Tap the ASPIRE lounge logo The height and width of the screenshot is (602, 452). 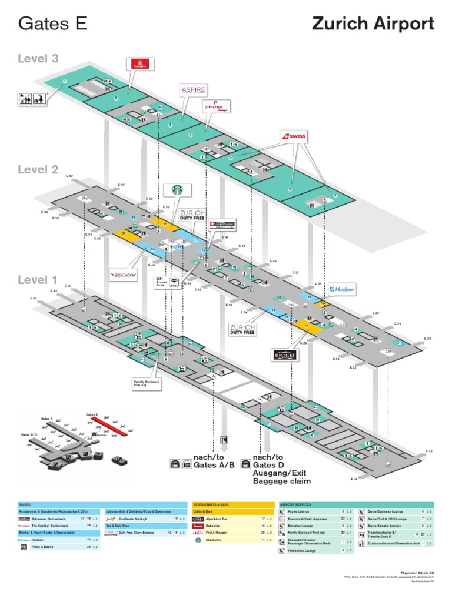[x=194, y=90]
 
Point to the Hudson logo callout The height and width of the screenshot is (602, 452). [x=342, y=289]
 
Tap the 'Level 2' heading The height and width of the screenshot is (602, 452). [x=38, y=170]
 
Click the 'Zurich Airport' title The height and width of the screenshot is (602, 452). [x=373, y=24]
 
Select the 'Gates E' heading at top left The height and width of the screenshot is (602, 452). [x=53, y=24]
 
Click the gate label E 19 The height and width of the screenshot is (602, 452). [x=429, y=451]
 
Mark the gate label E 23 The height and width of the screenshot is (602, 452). [x=428, y=339]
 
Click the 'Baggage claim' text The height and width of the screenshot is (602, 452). [x=281, y=481]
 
